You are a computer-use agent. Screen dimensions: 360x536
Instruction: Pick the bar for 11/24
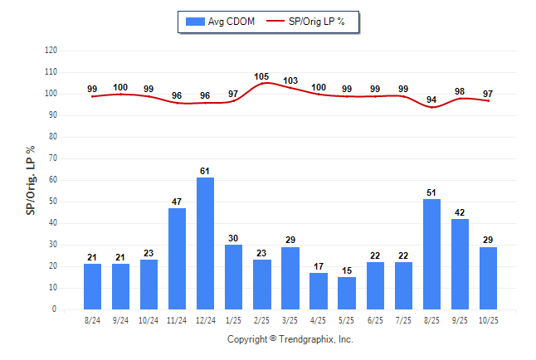tap(177, 258)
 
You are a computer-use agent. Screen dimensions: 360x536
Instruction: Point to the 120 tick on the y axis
tap(51, 51)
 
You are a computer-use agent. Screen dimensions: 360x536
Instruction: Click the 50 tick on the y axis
tap(53, 202)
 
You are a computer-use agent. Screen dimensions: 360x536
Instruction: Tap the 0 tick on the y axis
tap(55, 309)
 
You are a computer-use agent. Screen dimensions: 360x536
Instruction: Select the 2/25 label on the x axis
tap(262, 320)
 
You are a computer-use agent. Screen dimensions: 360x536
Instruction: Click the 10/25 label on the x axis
tap(488, 320)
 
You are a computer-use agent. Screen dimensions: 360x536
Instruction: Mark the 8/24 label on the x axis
tap(92, 320)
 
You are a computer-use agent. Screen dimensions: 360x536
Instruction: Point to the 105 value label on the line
tap(262, 76)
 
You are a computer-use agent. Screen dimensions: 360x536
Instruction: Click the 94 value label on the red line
tap(431, 100)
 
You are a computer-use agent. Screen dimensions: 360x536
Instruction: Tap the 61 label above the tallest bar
tap(205, 171)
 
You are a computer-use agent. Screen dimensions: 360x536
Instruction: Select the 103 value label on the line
tap(290, 80)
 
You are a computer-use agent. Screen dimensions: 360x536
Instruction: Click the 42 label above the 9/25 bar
tap(460, 212)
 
